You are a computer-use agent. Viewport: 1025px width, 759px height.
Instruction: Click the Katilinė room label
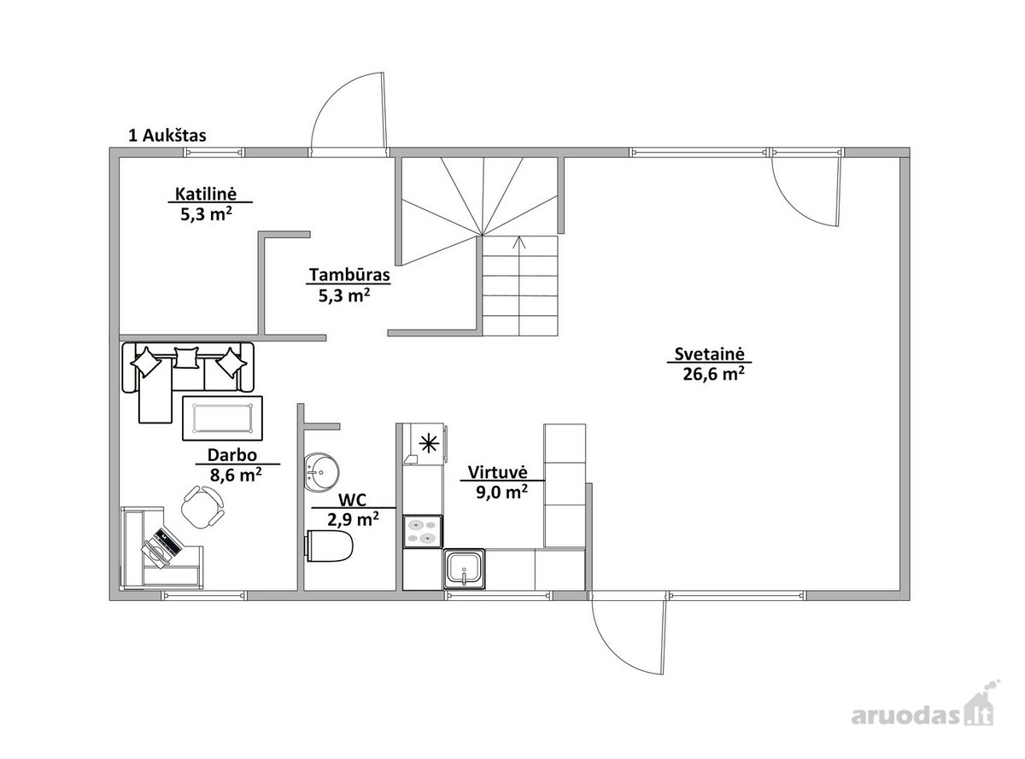206,194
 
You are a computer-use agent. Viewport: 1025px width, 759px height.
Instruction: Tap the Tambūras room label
349,274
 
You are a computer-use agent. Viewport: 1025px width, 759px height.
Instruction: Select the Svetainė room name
709,353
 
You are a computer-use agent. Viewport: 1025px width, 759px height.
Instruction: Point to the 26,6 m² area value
713,373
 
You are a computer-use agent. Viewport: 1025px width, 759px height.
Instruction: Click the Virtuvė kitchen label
497,472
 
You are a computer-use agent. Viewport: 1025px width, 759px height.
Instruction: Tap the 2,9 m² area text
353,519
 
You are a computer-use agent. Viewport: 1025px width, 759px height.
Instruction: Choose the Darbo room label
232,454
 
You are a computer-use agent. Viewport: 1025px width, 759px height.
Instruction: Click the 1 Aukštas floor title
167,136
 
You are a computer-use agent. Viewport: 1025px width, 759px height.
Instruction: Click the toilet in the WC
330,546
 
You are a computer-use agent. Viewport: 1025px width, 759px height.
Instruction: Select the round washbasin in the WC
322,471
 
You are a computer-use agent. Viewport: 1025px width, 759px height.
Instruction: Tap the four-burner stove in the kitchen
422,531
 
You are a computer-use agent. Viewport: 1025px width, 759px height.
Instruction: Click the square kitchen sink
464,569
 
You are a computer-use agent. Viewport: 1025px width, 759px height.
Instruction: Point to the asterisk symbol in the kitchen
429,444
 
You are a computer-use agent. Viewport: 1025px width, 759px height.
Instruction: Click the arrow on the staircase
519,285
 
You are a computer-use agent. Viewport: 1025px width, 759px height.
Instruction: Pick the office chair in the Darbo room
203,505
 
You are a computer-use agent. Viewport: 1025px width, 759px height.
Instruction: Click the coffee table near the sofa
223,418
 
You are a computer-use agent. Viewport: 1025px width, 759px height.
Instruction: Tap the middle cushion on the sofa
186,358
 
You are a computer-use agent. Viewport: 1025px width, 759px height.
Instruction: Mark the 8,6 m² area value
236,475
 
